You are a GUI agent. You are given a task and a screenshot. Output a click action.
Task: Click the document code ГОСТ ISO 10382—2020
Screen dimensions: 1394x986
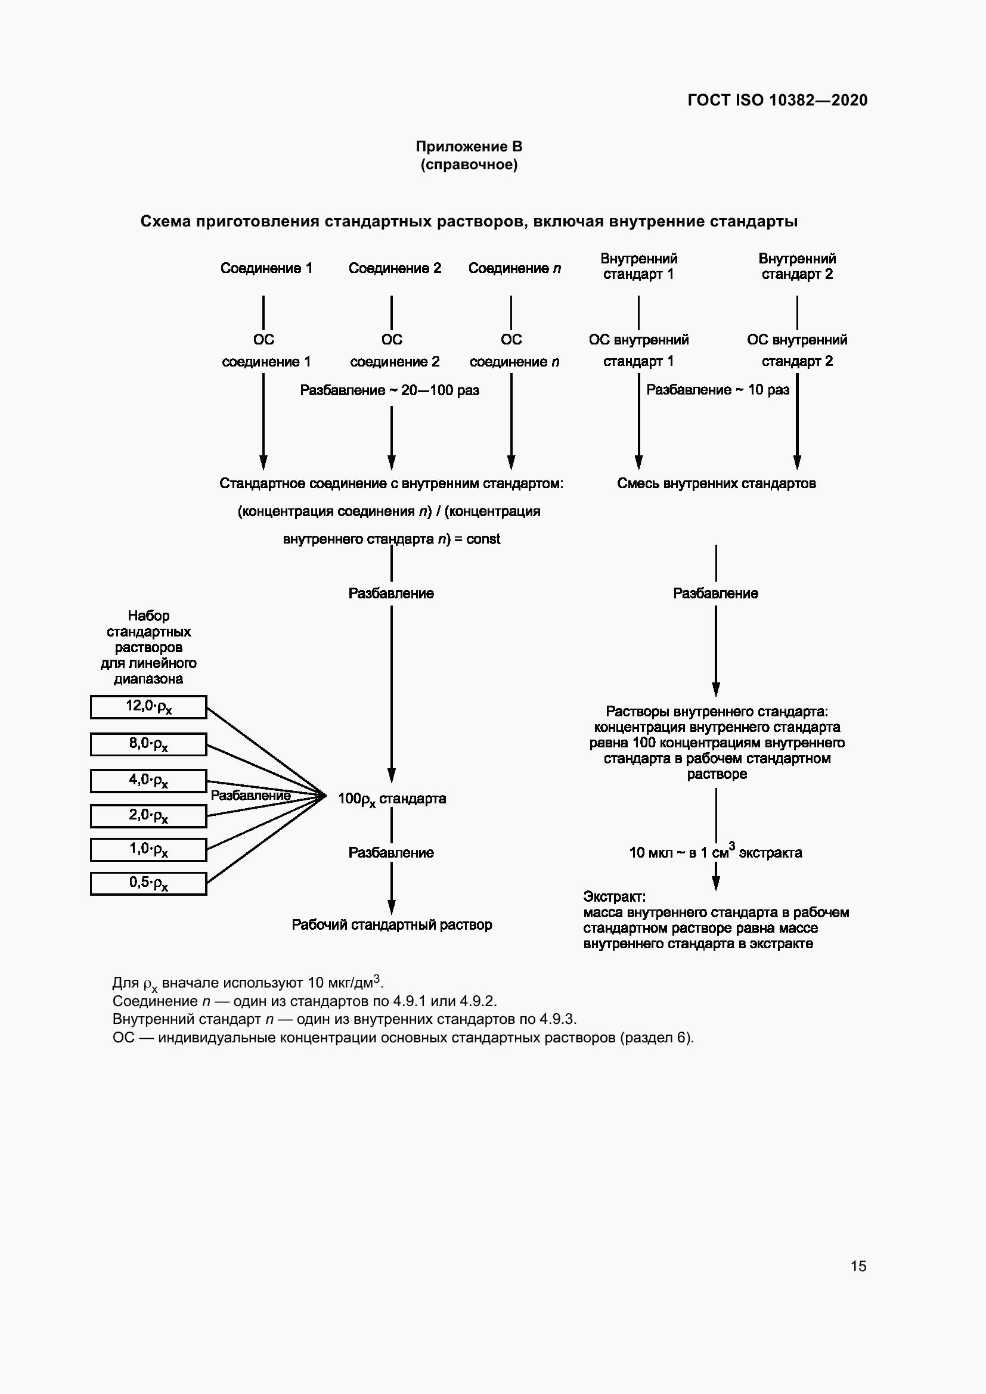coord(777,100)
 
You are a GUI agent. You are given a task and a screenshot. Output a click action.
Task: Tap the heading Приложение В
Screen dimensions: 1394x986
coord(469,147)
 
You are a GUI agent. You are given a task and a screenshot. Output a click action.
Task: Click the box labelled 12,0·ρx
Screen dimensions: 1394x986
coord(149,707)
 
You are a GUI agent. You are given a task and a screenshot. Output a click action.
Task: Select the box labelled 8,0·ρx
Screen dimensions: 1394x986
coord(149,744)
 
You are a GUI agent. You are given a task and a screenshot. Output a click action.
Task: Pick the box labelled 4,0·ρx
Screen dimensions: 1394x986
coord(149,781)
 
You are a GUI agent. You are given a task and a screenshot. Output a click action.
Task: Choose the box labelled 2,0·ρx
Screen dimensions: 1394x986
coord(149,816)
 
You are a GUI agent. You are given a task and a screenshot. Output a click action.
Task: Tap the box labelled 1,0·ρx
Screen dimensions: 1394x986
coord(149,849)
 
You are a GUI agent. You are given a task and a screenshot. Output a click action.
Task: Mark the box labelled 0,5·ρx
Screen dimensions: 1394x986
coord(149,883)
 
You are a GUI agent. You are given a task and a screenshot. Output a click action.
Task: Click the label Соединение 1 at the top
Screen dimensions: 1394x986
coord(266,268)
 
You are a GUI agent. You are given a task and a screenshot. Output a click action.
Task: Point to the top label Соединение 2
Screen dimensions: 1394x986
coord(395,268)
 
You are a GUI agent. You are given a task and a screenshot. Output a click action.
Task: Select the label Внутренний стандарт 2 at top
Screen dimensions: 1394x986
coord(797,266)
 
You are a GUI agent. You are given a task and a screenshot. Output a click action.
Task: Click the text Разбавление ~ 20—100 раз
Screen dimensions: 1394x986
coord(389,390)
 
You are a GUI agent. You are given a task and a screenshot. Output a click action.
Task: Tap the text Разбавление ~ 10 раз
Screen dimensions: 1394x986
coord(718,390)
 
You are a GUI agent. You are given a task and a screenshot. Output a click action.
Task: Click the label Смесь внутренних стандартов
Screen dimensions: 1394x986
coord(717,483)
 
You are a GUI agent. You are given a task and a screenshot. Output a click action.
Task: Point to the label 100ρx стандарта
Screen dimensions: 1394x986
coord(392,799)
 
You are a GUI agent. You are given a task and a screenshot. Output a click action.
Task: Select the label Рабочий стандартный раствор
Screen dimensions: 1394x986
coord(392,925)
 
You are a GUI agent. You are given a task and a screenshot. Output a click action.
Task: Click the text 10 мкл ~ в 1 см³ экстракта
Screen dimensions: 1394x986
coord(715,852)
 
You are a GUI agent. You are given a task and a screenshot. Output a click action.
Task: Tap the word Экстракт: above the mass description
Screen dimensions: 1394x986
coord(615,897)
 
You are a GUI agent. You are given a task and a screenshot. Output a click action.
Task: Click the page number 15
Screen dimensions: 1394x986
coord(858,1266)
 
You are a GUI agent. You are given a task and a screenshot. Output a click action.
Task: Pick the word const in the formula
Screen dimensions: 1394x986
coord(483,539)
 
